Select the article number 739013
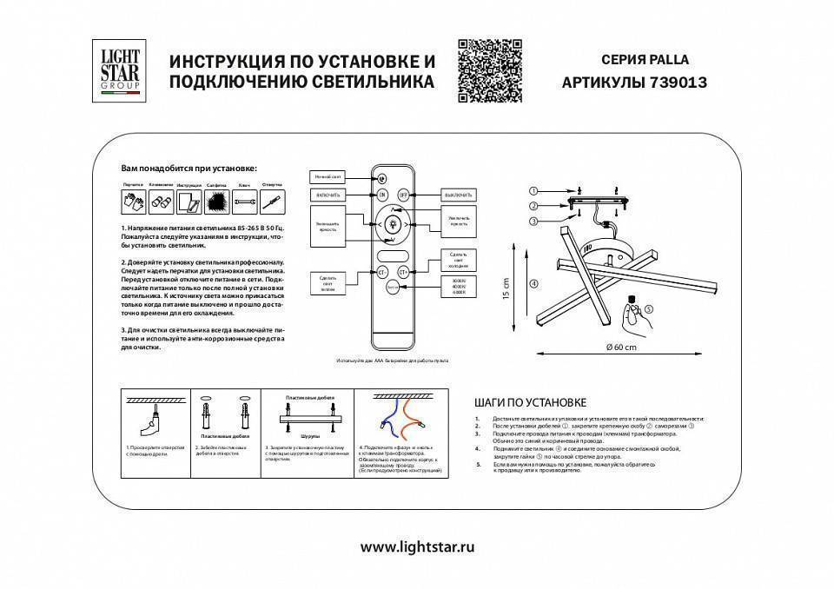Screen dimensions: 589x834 point(678,83)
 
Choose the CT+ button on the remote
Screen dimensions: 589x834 point(403,272)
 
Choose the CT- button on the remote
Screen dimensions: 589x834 point(381,272)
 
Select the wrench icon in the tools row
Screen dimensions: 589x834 point(245,202)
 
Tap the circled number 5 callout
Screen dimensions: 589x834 point(648,308)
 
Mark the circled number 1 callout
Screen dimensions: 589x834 point(533,191)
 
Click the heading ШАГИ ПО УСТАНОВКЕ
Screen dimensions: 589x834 point(530,403)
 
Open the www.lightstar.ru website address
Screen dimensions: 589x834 point(417,547)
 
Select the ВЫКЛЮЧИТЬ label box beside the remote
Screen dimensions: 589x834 point(457,195)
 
